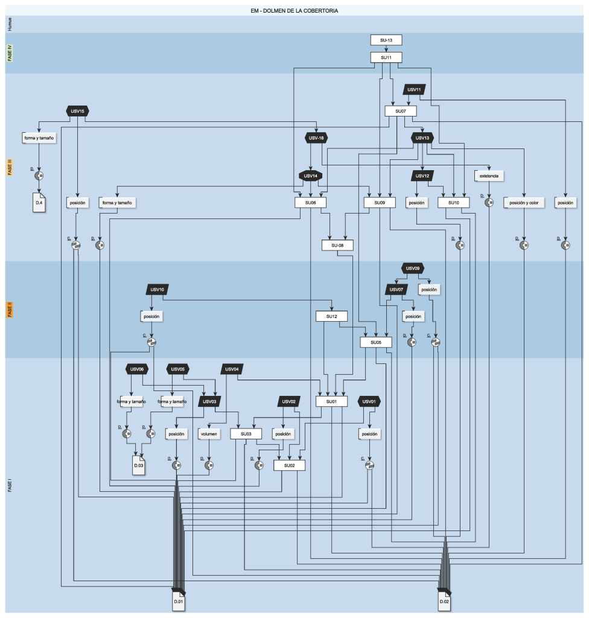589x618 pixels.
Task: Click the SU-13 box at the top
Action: pos(386,40)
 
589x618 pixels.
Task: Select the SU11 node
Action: pos(386,58)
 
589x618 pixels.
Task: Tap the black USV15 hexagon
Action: pos(78,111)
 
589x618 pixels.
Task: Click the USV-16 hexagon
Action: pos(316,138)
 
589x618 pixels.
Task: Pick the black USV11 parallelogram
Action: pos(414,90)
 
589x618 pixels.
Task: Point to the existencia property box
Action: pos(489,176)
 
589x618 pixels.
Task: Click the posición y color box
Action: pos(524,203)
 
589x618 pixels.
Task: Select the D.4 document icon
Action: pos(39,202)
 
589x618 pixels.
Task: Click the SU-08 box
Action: pos(337,246)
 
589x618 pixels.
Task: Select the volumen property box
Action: pos(209,434)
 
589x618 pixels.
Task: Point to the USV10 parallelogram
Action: pos(158,290)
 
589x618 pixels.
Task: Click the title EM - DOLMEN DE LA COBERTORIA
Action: pos(294,10)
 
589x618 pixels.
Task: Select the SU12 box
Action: pos(331,316)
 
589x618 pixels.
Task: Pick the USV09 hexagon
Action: pos(413,268)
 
